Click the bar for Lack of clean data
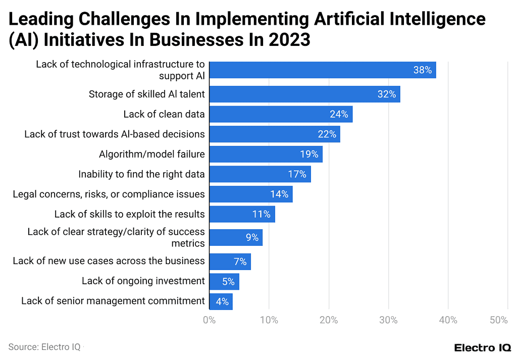point(281,114)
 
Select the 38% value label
point(422,70)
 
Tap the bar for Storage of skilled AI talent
point(304,94)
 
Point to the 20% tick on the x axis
point(329,320)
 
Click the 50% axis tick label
point(498,320)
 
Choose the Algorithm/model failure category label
point(152,154)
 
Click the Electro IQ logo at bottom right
point(482,347)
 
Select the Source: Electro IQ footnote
point(44,347)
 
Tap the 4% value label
point(222,302)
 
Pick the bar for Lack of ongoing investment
point(224,281)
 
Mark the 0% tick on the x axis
point(209,320)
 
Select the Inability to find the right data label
point(141,174)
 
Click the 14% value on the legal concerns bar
point(279,194)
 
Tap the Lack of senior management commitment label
point(113,301)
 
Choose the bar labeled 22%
point(274,134)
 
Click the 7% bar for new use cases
point(230,262)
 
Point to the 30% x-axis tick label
point(388,320)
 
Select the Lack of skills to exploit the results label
point(130,214)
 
